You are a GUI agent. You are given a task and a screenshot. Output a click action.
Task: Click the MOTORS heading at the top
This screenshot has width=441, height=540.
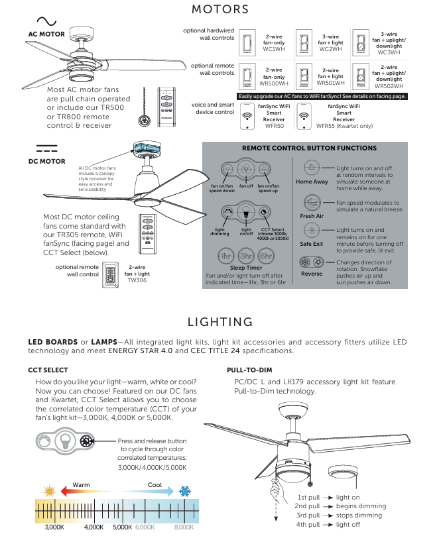click(x=220, y=9)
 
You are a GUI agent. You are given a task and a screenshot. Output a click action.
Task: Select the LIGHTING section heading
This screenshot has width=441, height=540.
click(x=220, y=322)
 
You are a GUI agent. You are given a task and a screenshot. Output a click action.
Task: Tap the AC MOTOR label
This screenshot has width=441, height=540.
click(x=46, y=33)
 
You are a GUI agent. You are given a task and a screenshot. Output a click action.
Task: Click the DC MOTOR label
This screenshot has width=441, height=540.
click(x=46, y=161)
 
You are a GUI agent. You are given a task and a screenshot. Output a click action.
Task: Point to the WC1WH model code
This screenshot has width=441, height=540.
click(x=274, y=49)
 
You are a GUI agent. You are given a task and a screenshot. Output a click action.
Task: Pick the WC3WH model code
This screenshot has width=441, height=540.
click(x=389, y=52)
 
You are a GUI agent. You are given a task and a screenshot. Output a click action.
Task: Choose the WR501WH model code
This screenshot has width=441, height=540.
click(x=330, y=83)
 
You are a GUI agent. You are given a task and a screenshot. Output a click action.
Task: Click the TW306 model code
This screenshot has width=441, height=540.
click(x=139, y=280)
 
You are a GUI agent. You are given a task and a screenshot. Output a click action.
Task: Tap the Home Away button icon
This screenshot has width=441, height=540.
click(x=312, y=168)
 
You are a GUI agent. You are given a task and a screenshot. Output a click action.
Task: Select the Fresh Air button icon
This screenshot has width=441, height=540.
click(x=312, y=203)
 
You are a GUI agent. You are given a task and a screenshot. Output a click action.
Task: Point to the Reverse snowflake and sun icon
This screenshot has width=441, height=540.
click(x=312, y=262)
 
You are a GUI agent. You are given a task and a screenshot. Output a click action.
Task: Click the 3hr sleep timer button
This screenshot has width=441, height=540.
click(x=246, y=256)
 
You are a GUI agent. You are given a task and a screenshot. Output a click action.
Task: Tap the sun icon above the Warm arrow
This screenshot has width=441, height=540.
click(x=48, y=492)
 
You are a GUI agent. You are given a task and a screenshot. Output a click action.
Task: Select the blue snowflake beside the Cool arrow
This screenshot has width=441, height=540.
click(x=186, y=492)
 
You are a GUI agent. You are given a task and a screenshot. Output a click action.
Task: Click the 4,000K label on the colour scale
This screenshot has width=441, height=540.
click(x=94, y=527)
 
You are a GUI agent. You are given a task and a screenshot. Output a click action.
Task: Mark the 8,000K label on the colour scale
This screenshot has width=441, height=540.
click(x=184, y=527)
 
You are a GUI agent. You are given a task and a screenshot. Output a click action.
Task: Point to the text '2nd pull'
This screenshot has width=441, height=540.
click(x=308, y=506)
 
